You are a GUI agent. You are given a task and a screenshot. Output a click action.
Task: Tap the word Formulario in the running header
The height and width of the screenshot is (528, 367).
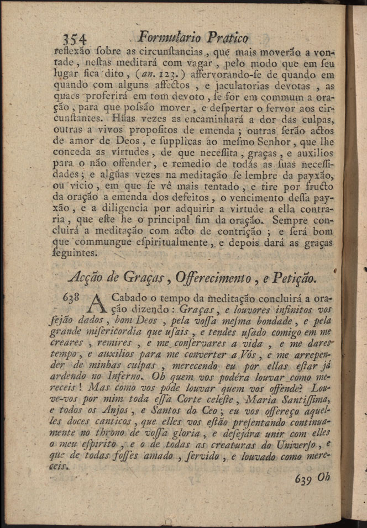[x=170, y=37]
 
